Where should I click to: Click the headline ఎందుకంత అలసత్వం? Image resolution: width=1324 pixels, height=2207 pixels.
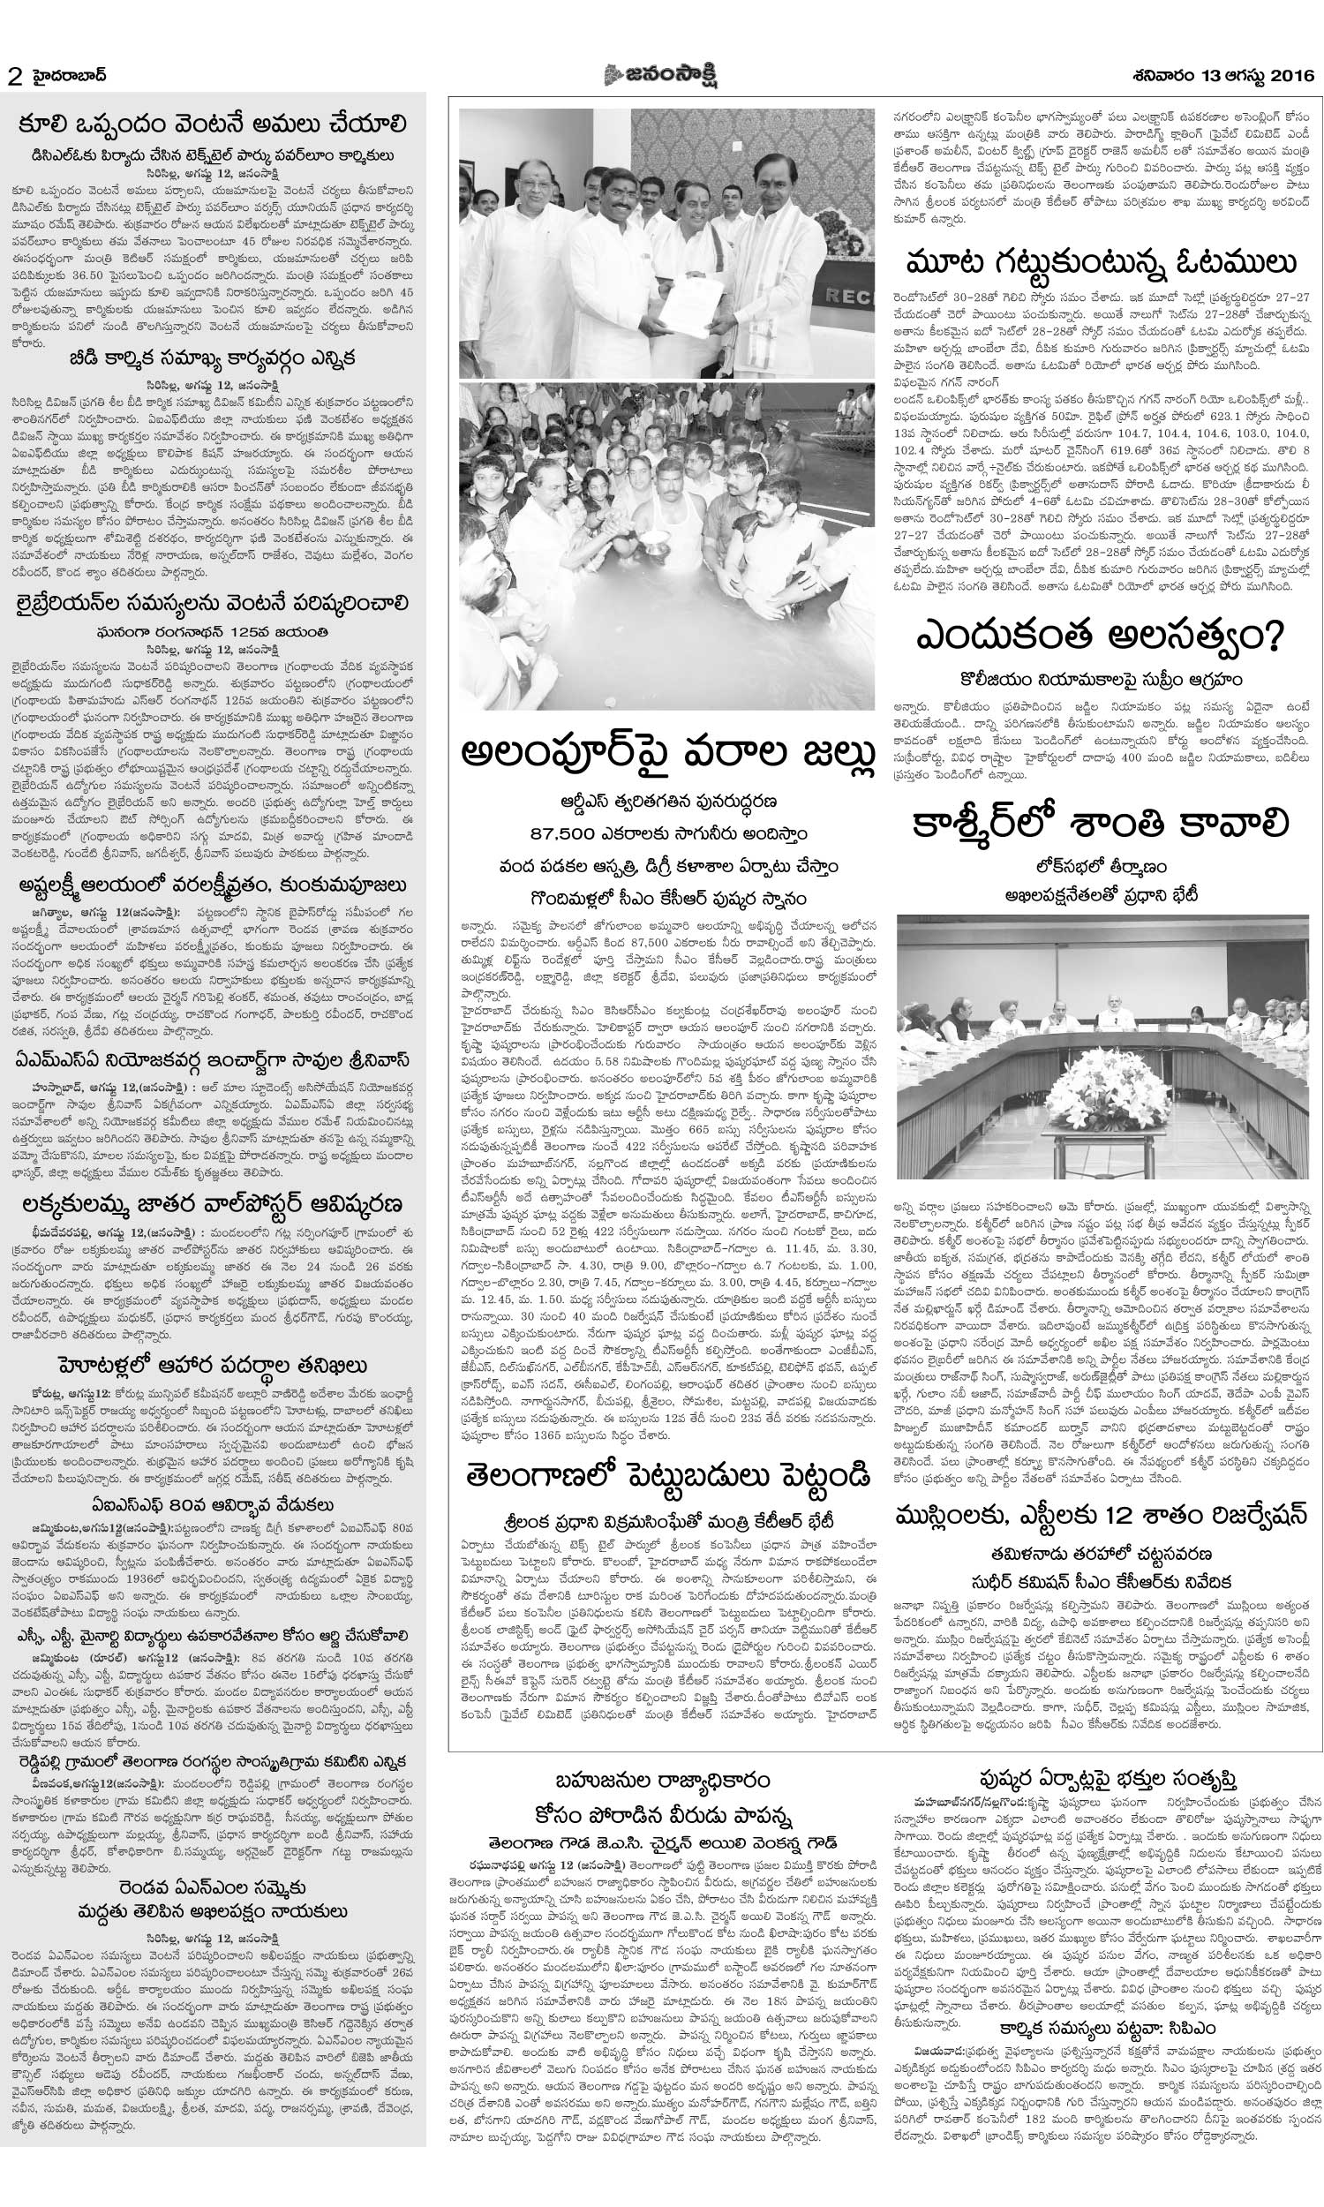tap(1100, 638)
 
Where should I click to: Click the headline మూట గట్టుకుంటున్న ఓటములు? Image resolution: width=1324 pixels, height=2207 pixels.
tap(1100, 265)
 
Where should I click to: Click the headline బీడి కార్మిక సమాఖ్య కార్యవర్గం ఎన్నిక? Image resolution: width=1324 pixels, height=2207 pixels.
tap(214, 358)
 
